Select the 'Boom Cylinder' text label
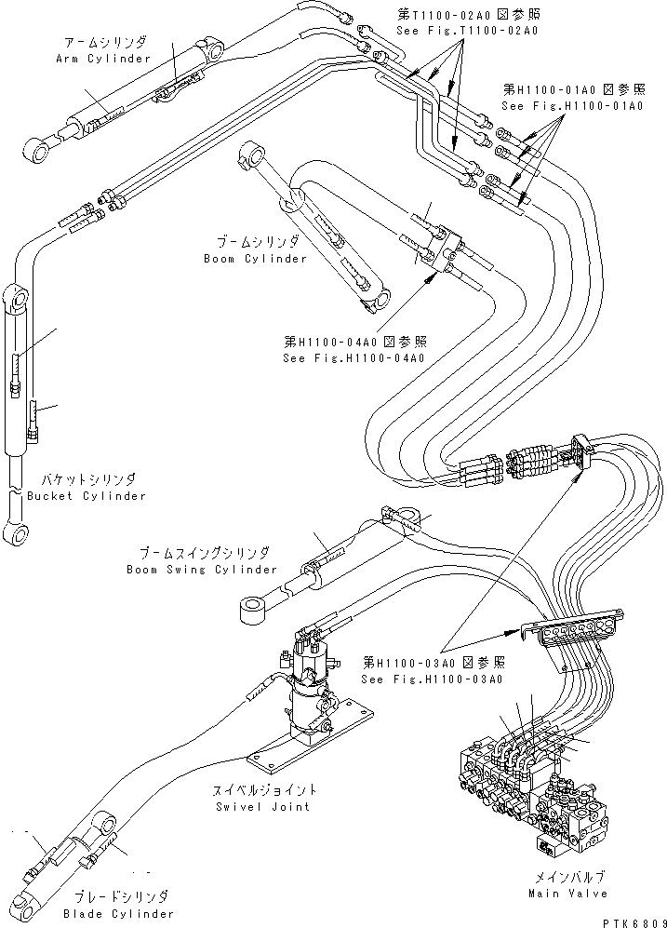click(255, 258)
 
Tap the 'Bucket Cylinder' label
click(87, 496)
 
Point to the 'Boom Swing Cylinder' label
click(202, 569)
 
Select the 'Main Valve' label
click(572, 893)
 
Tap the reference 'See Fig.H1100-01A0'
click(572, 106)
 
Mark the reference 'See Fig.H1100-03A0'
click(433, 679)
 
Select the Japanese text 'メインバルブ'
click(572, 877)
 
